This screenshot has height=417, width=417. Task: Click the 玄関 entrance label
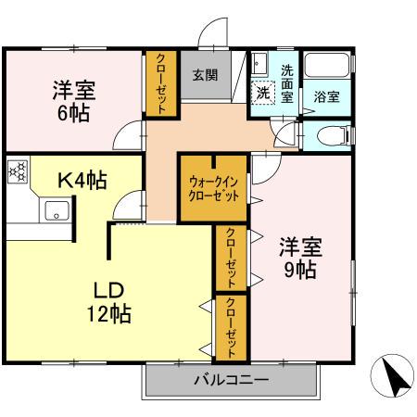[206, 76]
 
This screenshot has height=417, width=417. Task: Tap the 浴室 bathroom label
[325, 96]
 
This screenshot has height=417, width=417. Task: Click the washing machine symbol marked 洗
[264, 94]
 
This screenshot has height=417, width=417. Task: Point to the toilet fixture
[328, 136]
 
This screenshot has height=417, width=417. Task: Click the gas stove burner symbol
[18, 171]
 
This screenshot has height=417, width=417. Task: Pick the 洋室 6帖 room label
[72, 101]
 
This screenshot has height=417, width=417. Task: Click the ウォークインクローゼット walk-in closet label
[213, 189]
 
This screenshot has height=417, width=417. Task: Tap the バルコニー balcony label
[231, 380]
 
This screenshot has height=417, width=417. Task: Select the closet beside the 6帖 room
[159, 83]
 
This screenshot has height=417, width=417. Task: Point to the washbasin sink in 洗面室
[259, 64]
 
